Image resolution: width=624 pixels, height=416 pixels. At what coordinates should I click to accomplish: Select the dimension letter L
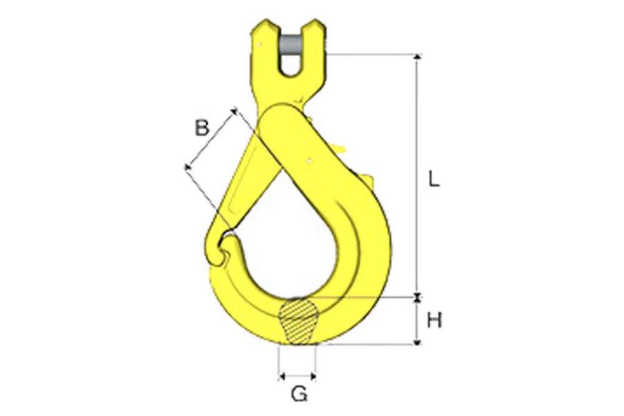coord(434,180)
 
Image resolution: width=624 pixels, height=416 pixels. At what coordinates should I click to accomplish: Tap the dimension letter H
coord(435,320)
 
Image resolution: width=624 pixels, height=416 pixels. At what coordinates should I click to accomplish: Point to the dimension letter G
coord(299,395)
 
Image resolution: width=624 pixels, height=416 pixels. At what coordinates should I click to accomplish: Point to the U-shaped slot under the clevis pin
coord(290,66)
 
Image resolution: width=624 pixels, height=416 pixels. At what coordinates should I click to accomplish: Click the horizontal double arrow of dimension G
coord(297,376)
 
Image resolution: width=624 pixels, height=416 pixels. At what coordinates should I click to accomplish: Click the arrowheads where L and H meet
coord(417,298)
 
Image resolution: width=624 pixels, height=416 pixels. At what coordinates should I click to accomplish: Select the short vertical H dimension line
coord(417,320)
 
